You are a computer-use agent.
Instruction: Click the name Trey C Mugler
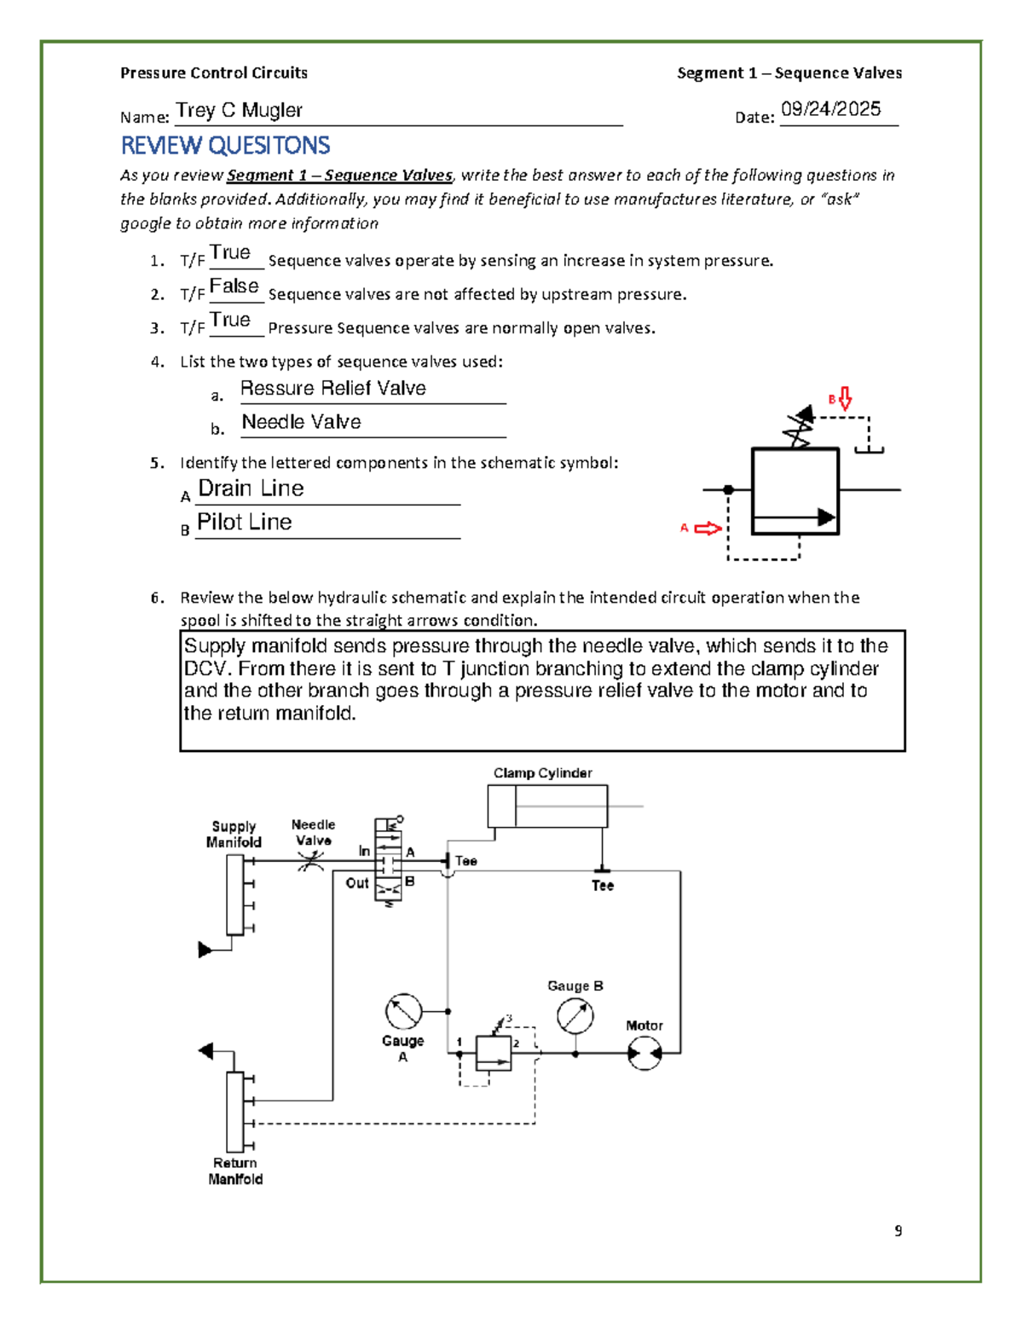pyautogui.click(x=239, y=111)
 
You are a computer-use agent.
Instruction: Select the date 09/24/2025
pyautogui.click(x=830, y=109)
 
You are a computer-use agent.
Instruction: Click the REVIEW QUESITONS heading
pyautogui.click(x=225, y=146)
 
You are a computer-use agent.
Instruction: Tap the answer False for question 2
pyautogui.click(x=234, y=286)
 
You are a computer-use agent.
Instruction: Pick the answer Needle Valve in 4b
pyautogui.click(x=301, y=422)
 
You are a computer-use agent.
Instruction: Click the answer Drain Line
pyautogui.click(x=251, y=489)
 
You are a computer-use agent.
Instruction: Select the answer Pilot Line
pyautogui.click(x=245, y=522)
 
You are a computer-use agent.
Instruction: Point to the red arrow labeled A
pyautogui.click(x=708, y=529)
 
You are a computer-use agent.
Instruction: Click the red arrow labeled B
pyautogui.click(x=845, y=398)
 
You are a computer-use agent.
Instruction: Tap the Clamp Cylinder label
pyautogui.click(x=542, y=773)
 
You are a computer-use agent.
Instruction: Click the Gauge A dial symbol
pyautogui.click(x=403, y=1012)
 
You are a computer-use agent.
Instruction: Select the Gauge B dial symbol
pyautogui.click(x=575, y=1016)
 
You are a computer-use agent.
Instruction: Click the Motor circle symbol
pyautogui.click(x=644, y=1055)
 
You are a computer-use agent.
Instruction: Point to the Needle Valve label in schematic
pyautogui.click(x=313, y=832)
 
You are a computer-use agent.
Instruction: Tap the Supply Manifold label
pyautogui.click(x=234, y=835)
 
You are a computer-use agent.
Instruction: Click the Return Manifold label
pyautogui.click(x=235, y=1171)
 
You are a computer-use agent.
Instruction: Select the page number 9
pyautogui.click(x=898, y=1230)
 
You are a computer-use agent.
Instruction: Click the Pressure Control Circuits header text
pyautogui.click(x=214, y=73)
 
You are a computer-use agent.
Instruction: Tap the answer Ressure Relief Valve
pyautogui.click(x=332, y=389)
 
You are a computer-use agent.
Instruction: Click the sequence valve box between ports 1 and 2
pyautogui.click(x=493, y=1054)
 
